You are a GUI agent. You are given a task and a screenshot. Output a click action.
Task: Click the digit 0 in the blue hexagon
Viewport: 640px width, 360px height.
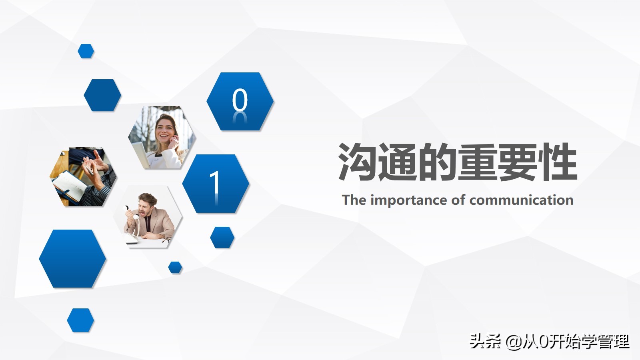coord(240,100)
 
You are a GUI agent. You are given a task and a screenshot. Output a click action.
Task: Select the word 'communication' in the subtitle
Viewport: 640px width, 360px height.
coord(522,200)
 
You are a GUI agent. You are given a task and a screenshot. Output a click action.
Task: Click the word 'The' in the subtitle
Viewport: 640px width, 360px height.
coord(354,200)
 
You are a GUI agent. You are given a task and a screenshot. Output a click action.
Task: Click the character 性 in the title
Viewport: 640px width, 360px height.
coord(558,162)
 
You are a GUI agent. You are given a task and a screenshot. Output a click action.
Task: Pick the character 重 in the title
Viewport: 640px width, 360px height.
coord(478,162)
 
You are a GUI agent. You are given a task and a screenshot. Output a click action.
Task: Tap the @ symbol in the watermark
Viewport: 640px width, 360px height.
coord(514,342)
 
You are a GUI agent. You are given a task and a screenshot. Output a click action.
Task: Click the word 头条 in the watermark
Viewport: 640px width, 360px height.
coord(486,341)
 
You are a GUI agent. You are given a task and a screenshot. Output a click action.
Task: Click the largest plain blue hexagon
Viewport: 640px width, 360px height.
coord(72,258)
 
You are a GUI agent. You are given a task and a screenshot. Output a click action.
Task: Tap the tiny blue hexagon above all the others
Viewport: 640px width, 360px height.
coord(86,51)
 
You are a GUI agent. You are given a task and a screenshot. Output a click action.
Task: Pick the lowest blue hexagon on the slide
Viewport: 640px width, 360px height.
coord(80,320)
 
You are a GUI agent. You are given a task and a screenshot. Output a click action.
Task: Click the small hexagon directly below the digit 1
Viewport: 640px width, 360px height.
coord(222,238)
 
